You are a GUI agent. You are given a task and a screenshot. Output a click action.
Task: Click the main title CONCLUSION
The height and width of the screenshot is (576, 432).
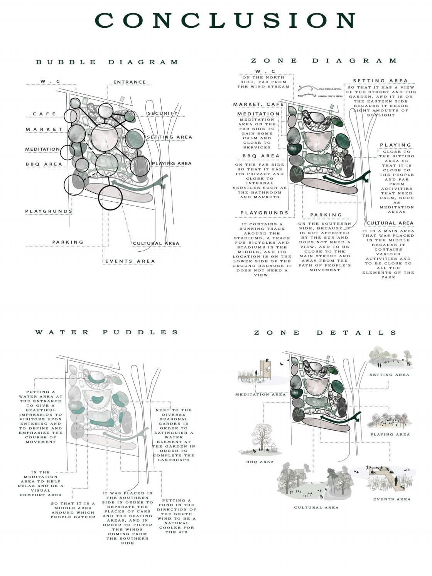pyautogui.click(x=225, y=20)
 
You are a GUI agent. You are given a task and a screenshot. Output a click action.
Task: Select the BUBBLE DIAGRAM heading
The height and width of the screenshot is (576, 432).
pyautogui.click(x=107, y=62)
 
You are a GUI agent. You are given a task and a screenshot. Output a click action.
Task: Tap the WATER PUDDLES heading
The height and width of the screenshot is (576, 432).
pyautogui.click(x=107, y=332)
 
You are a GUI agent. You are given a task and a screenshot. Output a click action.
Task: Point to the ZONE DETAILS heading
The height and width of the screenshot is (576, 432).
pyautogui.click(x=325, y=333)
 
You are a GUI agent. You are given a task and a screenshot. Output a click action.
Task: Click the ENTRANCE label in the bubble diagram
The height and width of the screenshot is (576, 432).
pyautogui.click(x=130, y=82)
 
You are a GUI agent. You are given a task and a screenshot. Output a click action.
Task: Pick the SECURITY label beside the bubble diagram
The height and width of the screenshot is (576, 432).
pyautogui.click(x=162, y=113)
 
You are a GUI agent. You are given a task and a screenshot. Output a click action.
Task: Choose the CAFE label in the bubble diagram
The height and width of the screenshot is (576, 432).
pyautogui.click(x=44, y=114)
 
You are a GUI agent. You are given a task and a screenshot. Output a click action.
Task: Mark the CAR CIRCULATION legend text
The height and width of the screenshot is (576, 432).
pyautogui.click(x=330, y=89)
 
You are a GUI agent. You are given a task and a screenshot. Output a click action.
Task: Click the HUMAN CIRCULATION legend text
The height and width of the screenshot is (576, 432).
pyautogui.click(x=330, y=96)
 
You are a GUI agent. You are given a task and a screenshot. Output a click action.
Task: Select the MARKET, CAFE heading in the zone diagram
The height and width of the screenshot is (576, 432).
pyautogui.click(x=258, y=104)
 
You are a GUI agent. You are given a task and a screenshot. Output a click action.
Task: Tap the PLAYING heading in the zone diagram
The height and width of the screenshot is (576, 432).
pyautogui.click(x=396, y=145)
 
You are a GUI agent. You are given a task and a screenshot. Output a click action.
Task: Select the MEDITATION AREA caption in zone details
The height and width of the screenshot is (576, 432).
pyautogui.click(x=260, y=394)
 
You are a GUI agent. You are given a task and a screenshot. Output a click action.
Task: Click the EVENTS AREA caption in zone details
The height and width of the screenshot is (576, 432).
pyautogui.click(x=391, y=499)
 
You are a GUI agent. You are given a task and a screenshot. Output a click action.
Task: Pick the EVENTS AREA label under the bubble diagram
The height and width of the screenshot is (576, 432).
pyautogui.click(x=130, y=261)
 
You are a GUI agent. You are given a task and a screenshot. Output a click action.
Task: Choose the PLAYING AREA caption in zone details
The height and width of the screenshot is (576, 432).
pyautogui.click(x=390, y=435)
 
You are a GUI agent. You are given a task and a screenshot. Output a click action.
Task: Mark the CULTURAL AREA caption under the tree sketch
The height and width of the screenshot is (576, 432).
pyautogui.click(x=316, y=507)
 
